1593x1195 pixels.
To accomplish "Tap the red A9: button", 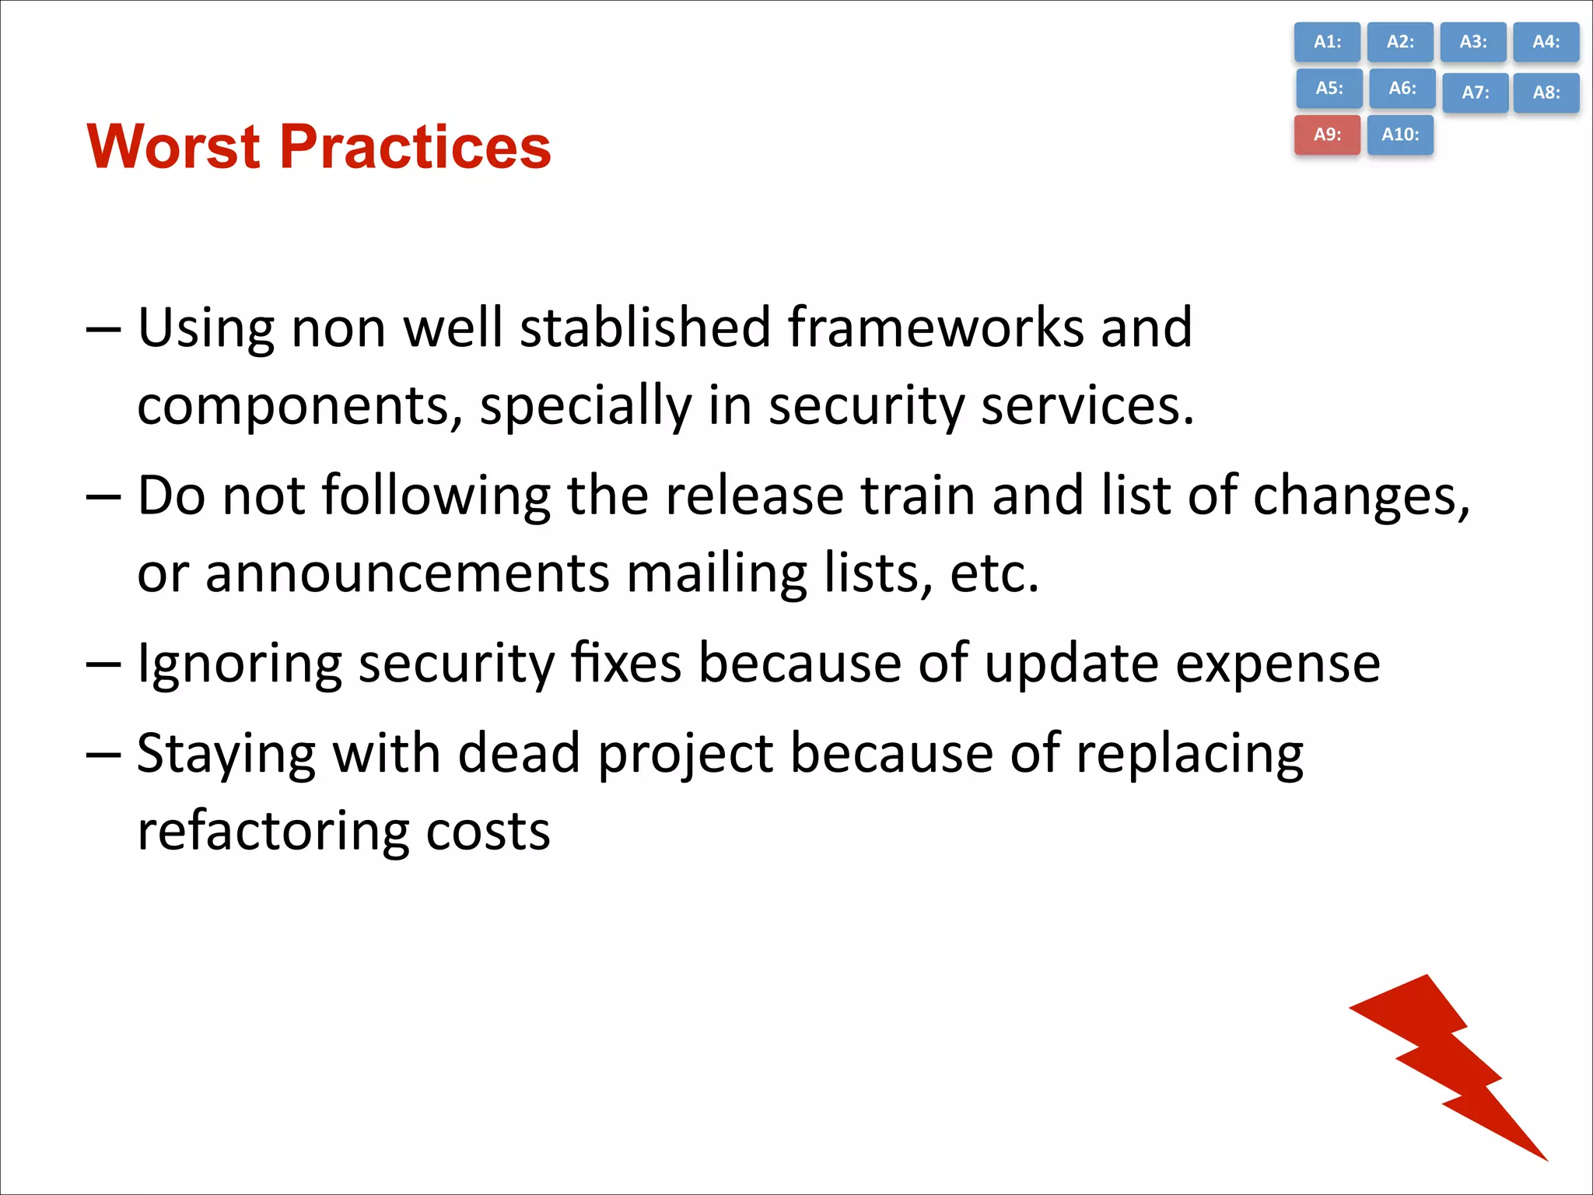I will pos(1327,135).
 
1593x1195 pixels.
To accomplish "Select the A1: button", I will pos(1327,42).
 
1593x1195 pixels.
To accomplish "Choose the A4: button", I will pos(1546,42).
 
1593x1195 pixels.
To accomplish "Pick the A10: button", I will pos(1400,135).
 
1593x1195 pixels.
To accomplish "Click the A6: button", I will pos(1402,89).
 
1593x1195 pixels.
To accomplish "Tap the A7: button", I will pos(1475,93).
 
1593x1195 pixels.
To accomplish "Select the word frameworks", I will pos(936,327).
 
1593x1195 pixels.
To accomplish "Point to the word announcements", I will pos(407,573).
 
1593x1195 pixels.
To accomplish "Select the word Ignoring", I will pos(239,664).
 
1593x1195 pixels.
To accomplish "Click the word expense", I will pos(1277,664).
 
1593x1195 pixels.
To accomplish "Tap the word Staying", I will pos(226,754).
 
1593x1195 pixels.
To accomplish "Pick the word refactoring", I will pos(272,831).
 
